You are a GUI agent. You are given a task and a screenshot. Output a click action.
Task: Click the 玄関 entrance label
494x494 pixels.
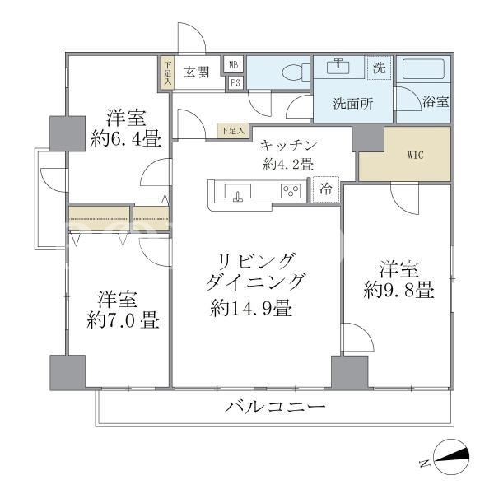click(x=196, y=72)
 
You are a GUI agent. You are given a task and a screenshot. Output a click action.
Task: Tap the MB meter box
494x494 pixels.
click(x=233, y=65)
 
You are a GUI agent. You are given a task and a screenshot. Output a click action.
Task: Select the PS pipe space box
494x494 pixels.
click(x=235, y=82)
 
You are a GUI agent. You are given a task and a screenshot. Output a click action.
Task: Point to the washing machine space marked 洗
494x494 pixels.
click(x=380, y=68)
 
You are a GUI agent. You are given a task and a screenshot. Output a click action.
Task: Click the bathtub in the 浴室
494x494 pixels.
click(x=423, y=69)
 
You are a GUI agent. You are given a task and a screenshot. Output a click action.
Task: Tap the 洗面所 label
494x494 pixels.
click(x=353, y=104)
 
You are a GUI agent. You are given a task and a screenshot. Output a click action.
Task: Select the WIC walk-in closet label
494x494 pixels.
click(x=416, y=155)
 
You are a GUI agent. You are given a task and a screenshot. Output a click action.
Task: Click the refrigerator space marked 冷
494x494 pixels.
click(x=325, y=189)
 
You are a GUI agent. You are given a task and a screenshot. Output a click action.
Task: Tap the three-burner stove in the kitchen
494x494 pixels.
click(x=291, y=191)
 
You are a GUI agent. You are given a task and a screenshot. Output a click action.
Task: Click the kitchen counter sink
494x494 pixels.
click(x=238, y=192)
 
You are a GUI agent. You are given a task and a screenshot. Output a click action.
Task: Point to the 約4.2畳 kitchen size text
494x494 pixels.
click(x=287, y=164)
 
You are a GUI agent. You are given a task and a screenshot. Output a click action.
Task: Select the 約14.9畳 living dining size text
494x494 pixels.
click(x=251, y=308)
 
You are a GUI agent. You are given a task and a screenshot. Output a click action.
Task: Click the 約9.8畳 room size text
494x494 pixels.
click(x=398, y=290)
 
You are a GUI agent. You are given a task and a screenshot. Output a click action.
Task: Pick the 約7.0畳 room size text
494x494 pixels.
click(x=123, y=320)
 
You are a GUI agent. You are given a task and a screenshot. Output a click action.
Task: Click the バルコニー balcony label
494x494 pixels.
click(x=275, y=407)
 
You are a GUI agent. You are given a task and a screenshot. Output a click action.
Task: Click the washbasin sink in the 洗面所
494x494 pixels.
click(x=338, y=67)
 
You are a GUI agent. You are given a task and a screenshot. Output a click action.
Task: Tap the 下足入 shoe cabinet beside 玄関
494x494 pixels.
click(x=167, y=74)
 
